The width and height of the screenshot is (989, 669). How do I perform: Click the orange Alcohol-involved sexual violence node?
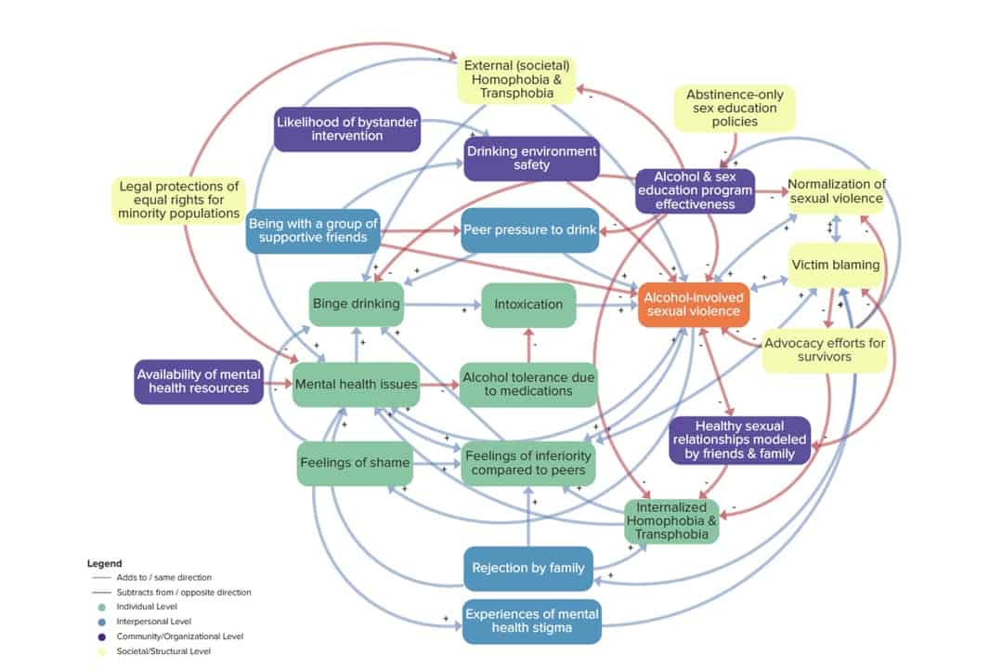[694, 304]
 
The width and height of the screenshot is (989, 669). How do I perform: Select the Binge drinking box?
[357, 304]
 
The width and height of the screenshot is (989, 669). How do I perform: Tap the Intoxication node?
[527, 304]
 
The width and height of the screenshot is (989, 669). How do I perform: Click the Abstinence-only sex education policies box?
[735, 108]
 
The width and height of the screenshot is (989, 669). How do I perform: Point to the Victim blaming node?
[835, 265]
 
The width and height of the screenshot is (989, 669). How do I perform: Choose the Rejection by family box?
[527, 568]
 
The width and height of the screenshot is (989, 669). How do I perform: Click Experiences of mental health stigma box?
[531, 622]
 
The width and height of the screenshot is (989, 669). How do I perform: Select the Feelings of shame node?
[355, 463]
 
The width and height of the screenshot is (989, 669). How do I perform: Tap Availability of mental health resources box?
[199, 381]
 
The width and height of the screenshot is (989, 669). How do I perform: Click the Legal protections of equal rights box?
[179, 200]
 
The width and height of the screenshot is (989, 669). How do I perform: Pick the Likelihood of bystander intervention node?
[346, 129]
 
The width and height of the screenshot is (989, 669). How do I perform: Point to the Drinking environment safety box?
[531, 158]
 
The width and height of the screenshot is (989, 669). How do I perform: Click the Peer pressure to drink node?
[529, 230]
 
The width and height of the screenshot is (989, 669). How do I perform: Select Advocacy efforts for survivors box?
[825, 349]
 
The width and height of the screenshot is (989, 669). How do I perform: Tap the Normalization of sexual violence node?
[837, 190]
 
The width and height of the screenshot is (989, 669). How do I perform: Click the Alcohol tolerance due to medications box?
[529, 384]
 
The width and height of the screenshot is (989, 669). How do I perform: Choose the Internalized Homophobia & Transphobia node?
[671, 521]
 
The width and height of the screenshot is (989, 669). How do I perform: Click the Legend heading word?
[104, 563]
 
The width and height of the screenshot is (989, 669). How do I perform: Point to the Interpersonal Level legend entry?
[154, 622]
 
